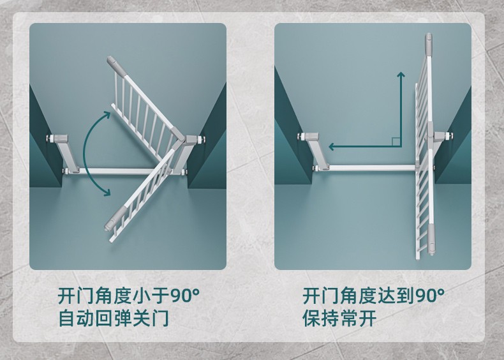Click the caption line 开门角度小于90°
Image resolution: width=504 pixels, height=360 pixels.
point(129,296)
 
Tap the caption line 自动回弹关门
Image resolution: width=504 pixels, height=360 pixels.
point(114,318)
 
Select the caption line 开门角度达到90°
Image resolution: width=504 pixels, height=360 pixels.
point(373,296)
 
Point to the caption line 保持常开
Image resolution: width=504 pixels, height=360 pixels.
point(339,318)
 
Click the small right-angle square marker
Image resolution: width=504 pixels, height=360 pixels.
point(396,142)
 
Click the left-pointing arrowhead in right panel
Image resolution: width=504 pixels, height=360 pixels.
point(332,147)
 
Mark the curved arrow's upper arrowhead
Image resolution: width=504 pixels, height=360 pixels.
point(107,115)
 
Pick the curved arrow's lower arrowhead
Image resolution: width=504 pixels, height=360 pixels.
point(106,192)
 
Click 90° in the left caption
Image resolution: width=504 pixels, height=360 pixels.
point(184,296)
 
